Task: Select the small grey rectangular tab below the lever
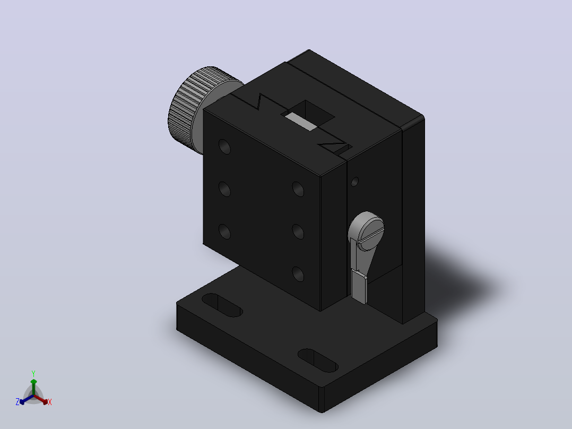(359, 287)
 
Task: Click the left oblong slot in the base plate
(222, 305)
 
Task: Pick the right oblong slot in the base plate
(318, 361)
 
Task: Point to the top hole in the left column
(225, 147)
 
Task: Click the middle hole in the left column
(225, 189)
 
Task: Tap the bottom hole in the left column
(225, 232)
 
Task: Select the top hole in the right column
(298, 189)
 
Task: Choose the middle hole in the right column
(298, 232)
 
